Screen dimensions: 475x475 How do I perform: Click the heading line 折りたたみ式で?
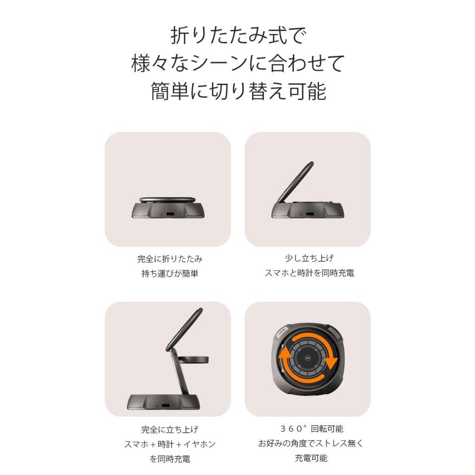click(x=237, y=36)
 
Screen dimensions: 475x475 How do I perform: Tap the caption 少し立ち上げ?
click(x=308, y=259)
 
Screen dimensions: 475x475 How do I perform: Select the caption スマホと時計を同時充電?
click(x=308, y=273)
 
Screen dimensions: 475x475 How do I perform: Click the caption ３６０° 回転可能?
click(x=308, y=429)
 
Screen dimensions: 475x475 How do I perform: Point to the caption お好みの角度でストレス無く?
click(x=308, y=443)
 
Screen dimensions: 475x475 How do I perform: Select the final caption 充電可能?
click(x=308, y=458)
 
